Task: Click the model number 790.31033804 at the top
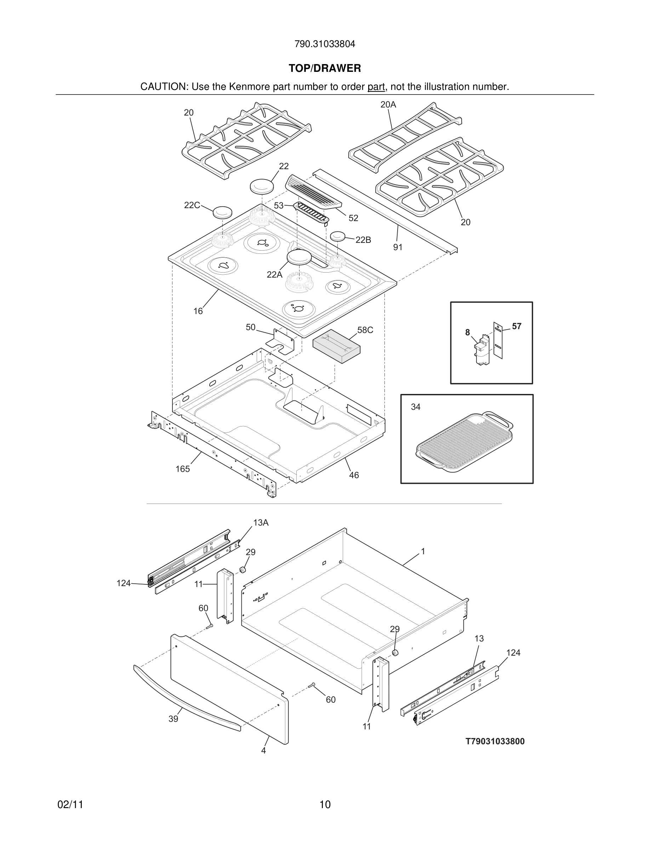(325, 44)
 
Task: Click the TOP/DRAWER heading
(325, 69)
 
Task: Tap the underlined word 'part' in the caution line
(376, 87)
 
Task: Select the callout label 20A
(388, 104)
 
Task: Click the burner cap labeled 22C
(223, 212)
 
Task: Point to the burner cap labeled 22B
(337, 236)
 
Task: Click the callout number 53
(279, 206)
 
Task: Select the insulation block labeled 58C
(336, 345)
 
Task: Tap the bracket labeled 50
(283, 341)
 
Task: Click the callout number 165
(183, 469)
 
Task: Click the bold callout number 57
(517, 326)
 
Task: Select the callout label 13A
(261, 522)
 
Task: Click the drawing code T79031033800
(495, 741)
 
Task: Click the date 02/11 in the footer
(70, 805)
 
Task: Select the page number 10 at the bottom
(325, 805)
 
